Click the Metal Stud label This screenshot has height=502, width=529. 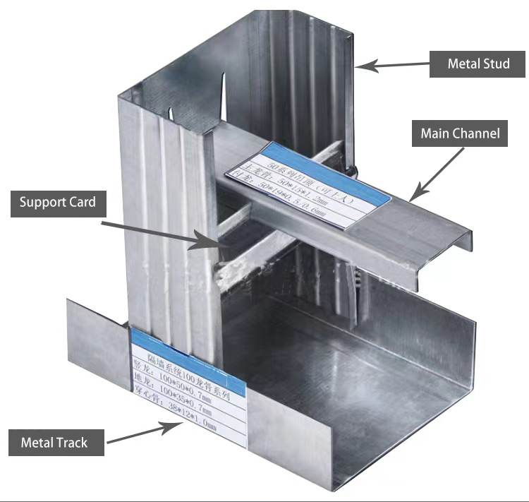pyautogui.click(x=479, y=64)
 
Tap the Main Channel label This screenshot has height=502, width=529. pyautogui.click(x=460, y=133)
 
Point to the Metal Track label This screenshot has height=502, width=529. pyautogui.click(x=54, y=443)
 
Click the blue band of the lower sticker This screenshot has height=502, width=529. pyautogui.click(x=187, y=337)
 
